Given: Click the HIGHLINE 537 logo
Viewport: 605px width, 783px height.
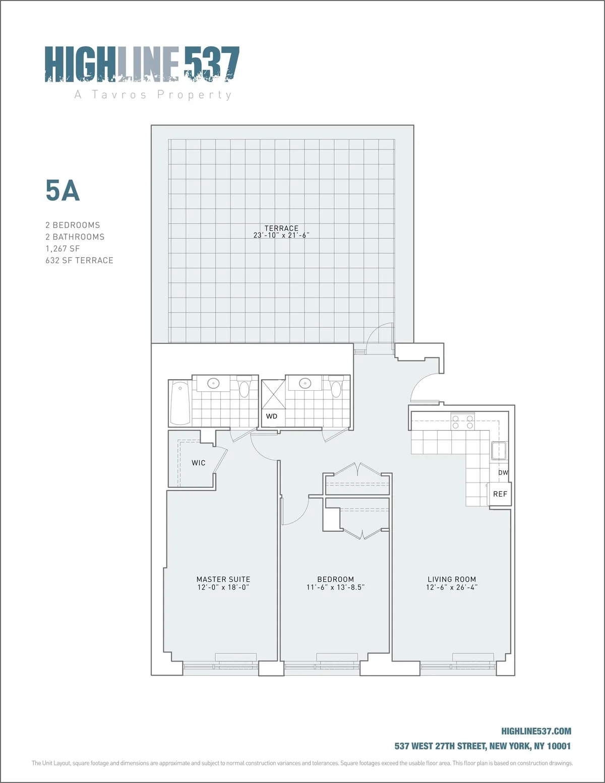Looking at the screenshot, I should tap(142, 64).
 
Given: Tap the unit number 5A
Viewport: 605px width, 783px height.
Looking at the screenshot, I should tap(63, 191).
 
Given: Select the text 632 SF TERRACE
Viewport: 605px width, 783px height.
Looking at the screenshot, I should tap(79, 260).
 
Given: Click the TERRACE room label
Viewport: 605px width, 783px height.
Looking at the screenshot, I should tap(281, 228).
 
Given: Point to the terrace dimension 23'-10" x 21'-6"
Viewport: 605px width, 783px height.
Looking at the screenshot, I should tap(281, 235).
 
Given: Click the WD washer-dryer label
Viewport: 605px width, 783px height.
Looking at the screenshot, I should tap(272, 416).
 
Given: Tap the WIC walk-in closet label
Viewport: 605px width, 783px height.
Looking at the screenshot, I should tap(199, 463).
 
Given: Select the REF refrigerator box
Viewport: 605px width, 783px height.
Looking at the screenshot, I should tap(500, 494).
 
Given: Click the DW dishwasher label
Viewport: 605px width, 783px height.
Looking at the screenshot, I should tap(503, 472).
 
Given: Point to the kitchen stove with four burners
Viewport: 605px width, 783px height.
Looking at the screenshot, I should tap(462, 421).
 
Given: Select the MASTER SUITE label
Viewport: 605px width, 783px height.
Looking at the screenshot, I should tap(223, 579).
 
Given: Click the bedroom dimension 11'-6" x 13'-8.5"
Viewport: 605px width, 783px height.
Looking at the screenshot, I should tap(335, 587).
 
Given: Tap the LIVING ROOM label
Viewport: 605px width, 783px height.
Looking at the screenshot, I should tap(452, 579).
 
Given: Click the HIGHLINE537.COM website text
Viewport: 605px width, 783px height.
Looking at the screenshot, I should tap(536, 731).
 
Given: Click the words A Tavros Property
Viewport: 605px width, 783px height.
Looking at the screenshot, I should tap(153, 95).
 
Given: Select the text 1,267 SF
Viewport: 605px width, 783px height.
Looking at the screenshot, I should tap(63, 249).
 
